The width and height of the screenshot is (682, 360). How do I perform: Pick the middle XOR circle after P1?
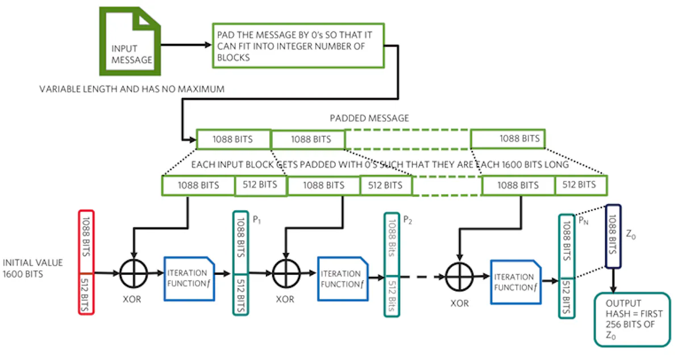(285, 274)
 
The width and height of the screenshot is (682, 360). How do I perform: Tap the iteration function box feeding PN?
(514, 282)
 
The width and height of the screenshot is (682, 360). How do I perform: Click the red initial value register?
(86, 262)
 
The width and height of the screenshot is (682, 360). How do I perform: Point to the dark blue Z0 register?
(613, 236)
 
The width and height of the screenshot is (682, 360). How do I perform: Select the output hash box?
(631, 319)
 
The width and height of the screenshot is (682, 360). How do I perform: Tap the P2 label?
(407, 220)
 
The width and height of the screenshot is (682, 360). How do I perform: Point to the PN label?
(584, 219)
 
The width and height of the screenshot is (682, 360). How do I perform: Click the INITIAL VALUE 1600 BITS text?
(33, 268)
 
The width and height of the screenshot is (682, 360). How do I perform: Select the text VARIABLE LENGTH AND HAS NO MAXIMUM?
(132, 89)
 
